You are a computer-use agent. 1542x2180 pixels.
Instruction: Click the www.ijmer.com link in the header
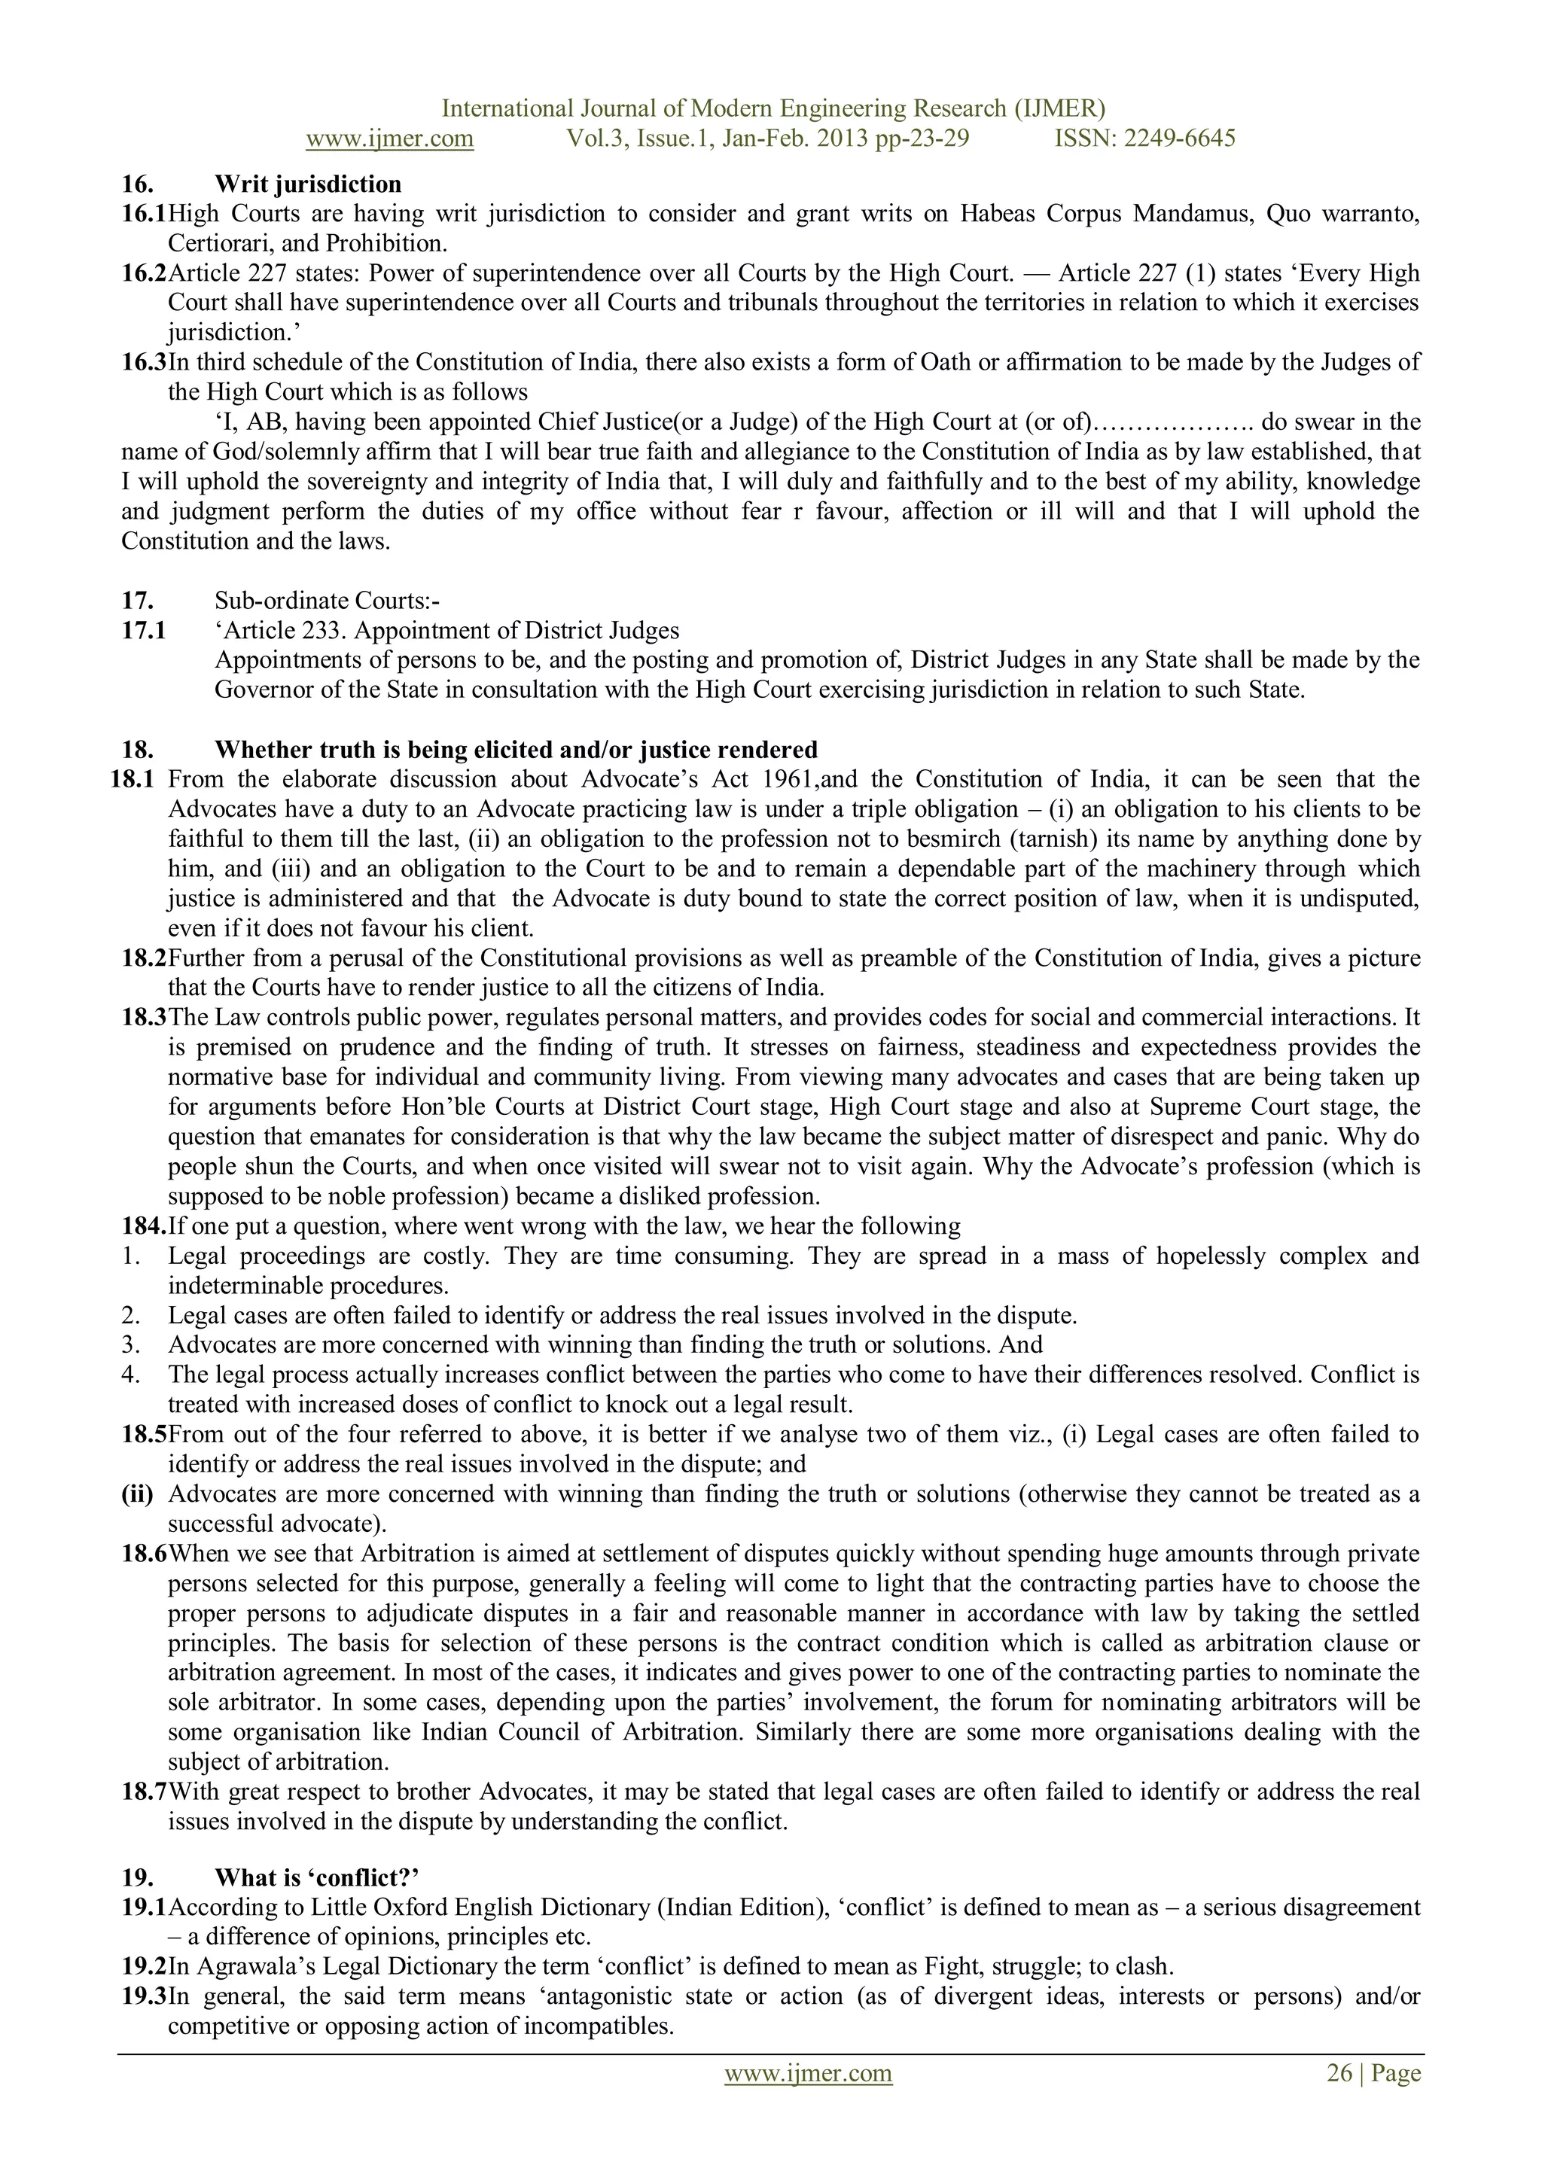tap(389, 139)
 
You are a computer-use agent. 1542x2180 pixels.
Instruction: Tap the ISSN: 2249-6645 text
tap(1145, 139)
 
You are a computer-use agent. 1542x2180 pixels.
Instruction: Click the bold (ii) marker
tap(138, 1493)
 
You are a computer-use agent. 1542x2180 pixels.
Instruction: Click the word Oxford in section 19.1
tap(410, 1907)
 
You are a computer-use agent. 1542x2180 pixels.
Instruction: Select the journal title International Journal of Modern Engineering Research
tap(773, 108)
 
